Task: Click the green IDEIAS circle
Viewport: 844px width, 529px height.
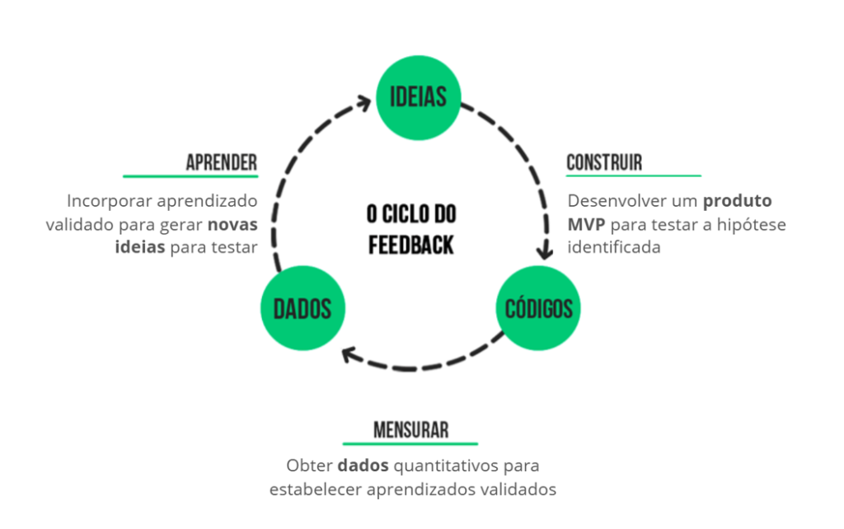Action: (417, 96)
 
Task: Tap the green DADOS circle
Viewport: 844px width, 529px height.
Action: (302, 309)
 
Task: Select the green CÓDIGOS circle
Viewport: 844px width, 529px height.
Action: (538, 309)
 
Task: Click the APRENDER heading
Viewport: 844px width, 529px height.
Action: (221, 162)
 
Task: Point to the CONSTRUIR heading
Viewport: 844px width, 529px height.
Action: (604, 162)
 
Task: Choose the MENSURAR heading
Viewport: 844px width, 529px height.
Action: (410, 429)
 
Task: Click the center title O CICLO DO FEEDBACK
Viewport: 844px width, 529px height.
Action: (410, 229)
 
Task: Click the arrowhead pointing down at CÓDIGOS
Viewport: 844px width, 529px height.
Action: (544, 248)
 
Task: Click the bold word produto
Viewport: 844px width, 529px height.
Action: (738, 201)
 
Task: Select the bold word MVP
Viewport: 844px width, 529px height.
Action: (584, 224)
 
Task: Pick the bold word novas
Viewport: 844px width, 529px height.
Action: (232, 224)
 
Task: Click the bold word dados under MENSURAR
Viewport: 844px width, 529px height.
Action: (363, 466)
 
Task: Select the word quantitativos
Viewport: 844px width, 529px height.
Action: (446, 466)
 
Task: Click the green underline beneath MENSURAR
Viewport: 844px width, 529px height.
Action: (410, 443)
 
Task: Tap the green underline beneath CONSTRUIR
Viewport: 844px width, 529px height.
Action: (633, 176)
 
